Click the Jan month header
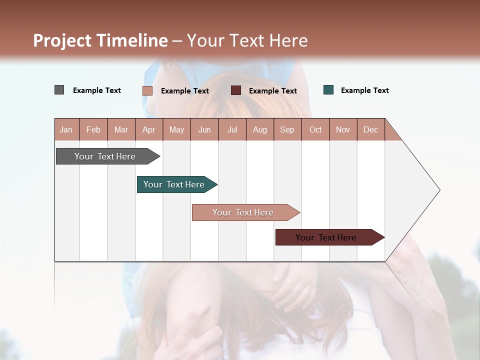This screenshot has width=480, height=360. [x=66, y=129]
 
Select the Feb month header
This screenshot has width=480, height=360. [x=93, y=129]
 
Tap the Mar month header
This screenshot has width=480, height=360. [x=121, y=129]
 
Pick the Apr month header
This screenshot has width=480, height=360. [x=149, y=129]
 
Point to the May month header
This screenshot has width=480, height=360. [x=176, y=129]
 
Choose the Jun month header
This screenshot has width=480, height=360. [x=204, y=129]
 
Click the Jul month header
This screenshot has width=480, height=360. [x=232, y=129]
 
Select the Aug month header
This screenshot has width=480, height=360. [x=260, y=129]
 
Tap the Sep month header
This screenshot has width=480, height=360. [x=287, y=129]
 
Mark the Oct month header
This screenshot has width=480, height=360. [x=315, y=129]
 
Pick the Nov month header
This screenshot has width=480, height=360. [x=343, y=129]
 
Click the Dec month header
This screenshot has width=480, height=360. [x=371, y=129]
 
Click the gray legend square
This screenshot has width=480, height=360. [x=59, y=90]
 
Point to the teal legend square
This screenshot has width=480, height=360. [x=328, y=90]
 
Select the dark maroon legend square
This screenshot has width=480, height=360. [x=236, y=90]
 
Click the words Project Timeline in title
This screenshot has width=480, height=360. [x=100, y=40]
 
